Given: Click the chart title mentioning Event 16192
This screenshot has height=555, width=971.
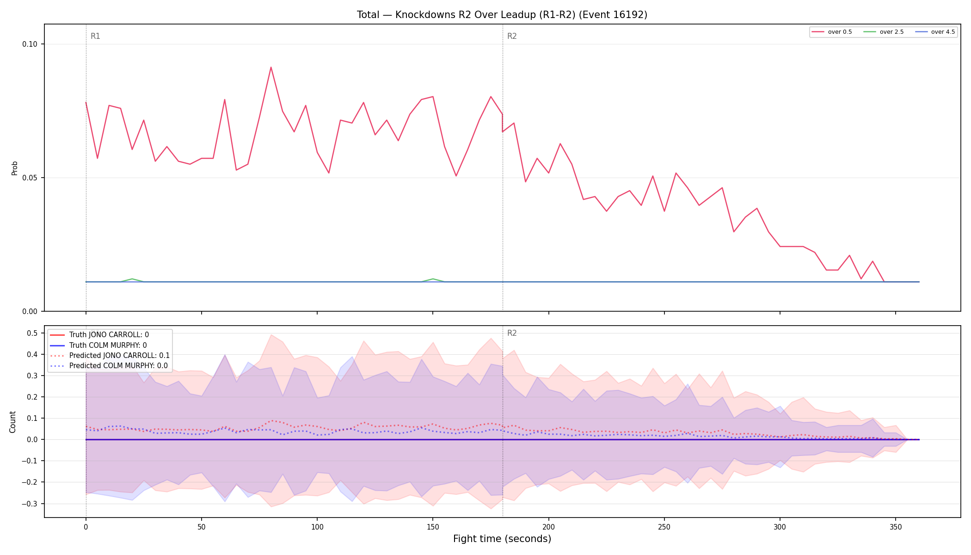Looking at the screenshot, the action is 502,15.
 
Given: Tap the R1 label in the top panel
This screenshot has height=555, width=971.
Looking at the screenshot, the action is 95,36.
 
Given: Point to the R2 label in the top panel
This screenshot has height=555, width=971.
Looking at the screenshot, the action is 512,36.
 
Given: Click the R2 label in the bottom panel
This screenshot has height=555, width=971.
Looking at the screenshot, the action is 512,333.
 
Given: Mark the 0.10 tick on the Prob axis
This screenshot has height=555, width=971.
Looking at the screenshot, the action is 30,44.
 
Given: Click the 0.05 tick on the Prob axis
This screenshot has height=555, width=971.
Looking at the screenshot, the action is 30,178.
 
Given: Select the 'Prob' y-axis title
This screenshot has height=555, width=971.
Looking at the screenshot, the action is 14,168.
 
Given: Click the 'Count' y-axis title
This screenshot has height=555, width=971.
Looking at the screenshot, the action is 12,422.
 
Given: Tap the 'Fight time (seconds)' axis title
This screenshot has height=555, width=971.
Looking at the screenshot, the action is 502,539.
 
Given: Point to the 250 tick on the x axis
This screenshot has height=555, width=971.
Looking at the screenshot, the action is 664,527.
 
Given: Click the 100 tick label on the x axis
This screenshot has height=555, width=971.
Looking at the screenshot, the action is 317,527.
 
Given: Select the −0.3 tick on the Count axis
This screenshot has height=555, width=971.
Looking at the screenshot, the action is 30,504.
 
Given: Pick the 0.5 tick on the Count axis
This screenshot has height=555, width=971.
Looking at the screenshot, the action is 32,333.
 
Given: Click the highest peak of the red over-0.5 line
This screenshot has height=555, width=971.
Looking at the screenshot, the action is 271,67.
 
